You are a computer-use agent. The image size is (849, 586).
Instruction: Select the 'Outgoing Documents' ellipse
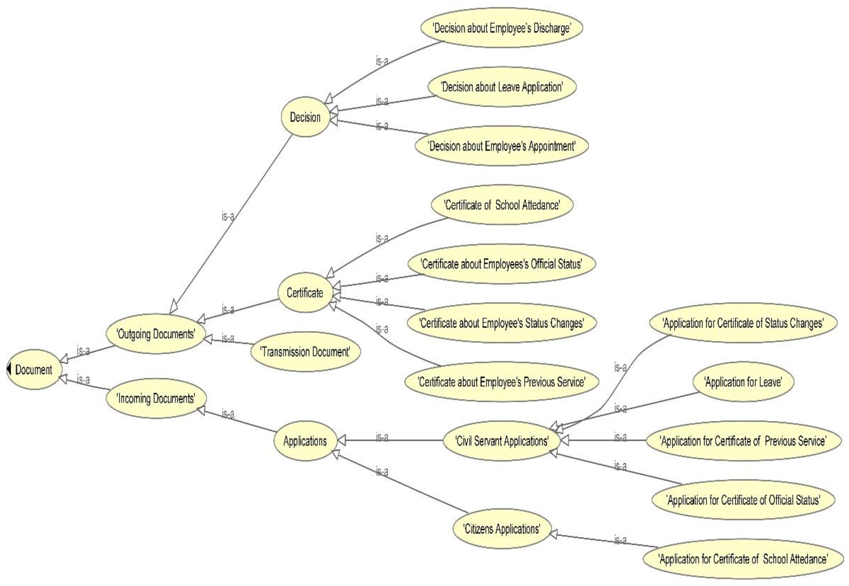[156, 334]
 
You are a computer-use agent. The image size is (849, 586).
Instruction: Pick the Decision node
[305, 117]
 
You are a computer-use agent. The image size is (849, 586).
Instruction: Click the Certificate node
[305, 293]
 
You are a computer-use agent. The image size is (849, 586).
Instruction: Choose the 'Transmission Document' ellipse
[305, 352]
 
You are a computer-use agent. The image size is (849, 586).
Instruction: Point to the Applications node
[305, 441]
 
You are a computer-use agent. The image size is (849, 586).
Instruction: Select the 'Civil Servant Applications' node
[502, 441]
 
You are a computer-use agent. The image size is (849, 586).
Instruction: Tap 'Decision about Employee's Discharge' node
[502, 28]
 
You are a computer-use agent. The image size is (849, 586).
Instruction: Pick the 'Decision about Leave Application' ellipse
[502, 87]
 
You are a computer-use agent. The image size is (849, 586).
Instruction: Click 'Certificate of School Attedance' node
[502, 205]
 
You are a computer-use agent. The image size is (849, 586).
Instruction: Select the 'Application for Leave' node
[743, 382]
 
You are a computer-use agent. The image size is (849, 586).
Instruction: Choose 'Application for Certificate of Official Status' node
[743, 500]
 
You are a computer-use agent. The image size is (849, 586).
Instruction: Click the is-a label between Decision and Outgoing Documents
[228, 217]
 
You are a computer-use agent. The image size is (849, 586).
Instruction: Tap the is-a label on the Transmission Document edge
[228, 338]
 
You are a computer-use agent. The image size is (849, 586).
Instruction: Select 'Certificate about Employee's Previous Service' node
[502, 382]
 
